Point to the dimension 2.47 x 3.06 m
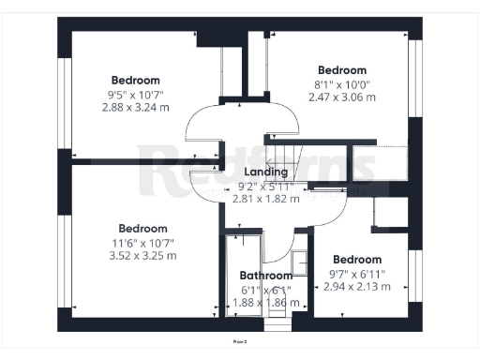tap(342, 97)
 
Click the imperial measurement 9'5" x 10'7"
tap(136, 94)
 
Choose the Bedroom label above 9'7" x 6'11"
tap(357, 260)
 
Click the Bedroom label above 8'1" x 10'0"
tap(342, 70)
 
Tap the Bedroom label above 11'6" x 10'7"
tap(142, 228)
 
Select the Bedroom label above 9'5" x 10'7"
tap(136, 80)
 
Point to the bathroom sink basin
tap(299, 262)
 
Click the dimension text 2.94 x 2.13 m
tap(357, 286)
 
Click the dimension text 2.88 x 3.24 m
tap(136, 107)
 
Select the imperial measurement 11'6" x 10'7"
tap(142, 241)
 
